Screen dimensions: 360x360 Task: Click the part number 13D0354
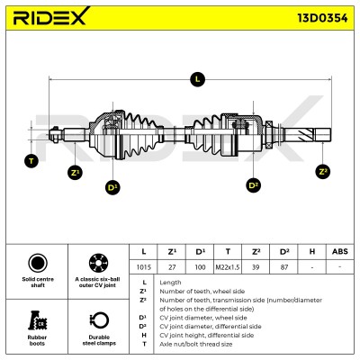322,18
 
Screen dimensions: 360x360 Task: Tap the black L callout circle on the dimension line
197,79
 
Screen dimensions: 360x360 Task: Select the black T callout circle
31,161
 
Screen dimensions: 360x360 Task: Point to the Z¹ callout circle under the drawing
75,173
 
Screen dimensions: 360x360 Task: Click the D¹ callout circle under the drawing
112,188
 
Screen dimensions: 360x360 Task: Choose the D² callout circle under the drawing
254,185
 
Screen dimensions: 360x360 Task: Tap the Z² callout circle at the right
323,172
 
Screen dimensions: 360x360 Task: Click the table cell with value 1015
143,266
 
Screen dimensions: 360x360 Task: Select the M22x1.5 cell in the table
228,266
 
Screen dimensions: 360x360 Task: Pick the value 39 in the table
256,266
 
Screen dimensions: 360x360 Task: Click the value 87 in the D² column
283,266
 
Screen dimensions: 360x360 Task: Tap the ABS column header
340,251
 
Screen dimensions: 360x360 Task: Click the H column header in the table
312,251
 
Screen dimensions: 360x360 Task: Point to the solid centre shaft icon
38,263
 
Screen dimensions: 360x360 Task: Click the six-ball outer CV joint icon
98,263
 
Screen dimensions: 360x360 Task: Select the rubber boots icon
37,320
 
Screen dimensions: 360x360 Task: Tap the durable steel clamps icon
99,320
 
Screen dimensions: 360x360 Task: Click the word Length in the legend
170,283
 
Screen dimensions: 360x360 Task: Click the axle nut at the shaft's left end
55,134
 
